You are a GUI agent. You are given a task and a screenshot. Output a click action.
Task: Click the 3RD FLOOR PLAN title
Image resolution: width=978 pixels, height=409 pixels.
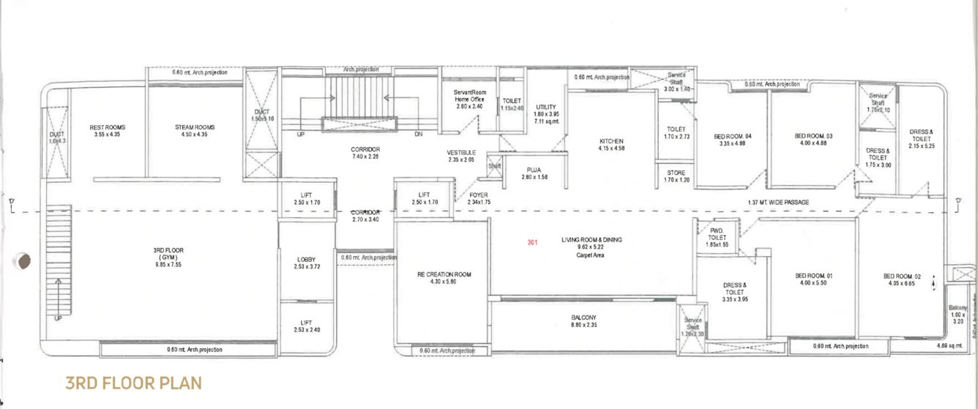click(132, 383)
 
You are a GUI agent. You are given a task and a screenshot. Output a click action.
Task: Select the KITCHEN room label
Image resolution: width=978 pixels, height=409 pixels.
click(611, 141)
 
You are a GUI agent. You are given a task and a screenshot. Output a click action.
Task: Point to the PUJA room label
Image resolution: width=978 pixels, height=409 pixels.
click(534, 169)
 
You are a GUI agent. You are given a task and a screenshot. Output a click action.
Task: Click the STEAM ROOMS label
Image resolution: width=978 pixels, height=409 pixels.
click(195, 127)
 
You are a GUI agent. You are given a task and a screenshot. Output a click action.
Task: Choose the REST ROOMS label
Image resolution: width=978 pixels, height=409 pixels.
click(106, 127)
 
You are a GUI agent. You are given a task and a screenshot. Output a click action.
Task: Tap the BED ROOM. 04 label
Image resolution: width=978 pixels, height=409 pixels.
click(732, 136)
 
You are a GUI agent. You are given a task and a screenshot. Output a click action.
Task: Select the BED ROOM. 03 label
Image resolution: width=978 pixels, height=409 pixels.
click(813, 136)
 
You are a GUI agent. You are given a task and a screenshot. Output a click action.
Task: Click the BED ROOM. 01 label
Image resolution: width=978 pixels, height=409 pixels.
click(814, 276)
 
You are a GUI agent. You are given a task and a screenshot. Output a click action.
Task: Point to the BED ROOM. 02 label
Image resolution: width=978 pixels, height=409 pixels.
click(900, 276)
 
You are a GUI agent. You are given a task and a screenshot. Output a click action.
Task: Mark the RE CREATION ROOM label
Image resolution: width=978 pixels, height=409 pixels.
click(444, 275)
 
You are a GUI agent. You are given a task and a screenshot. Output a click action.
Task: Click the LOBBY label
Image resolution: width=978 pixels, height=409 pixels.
click(306, 260)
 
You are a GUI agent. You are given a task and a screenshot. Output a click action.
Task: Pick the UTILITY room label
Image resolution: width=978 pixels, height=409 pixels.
click(546, 108)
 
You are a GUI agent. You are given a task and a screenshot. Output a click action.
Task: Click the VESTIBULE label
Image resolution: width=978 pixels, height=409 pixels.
click(461, 153)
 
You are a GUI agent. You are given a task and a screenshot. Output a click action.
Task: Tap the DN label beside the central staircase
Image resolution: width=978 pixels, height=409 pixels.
click(418, 135)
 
